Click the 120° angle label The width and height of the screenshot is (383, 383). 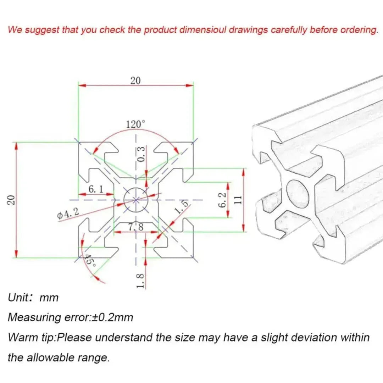(x=136, y=124)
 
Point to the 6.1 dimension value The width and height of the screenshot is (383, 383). (x=96, y=189)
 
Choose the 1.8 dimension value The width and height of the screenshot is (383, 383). (x=140, y=280)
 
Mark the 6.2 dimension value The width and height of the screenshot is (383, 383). (x=222, y=200)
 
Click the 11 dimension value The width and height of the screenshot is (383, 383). (x=238, y=200)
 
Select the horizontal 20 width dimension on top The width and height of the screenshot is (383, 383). (x=135, y=81)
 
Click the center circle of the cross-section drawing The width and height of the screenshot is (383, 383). (x=136, y=200)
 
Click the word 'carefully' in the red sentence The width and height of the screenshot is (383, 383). (x=289, y=30)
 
